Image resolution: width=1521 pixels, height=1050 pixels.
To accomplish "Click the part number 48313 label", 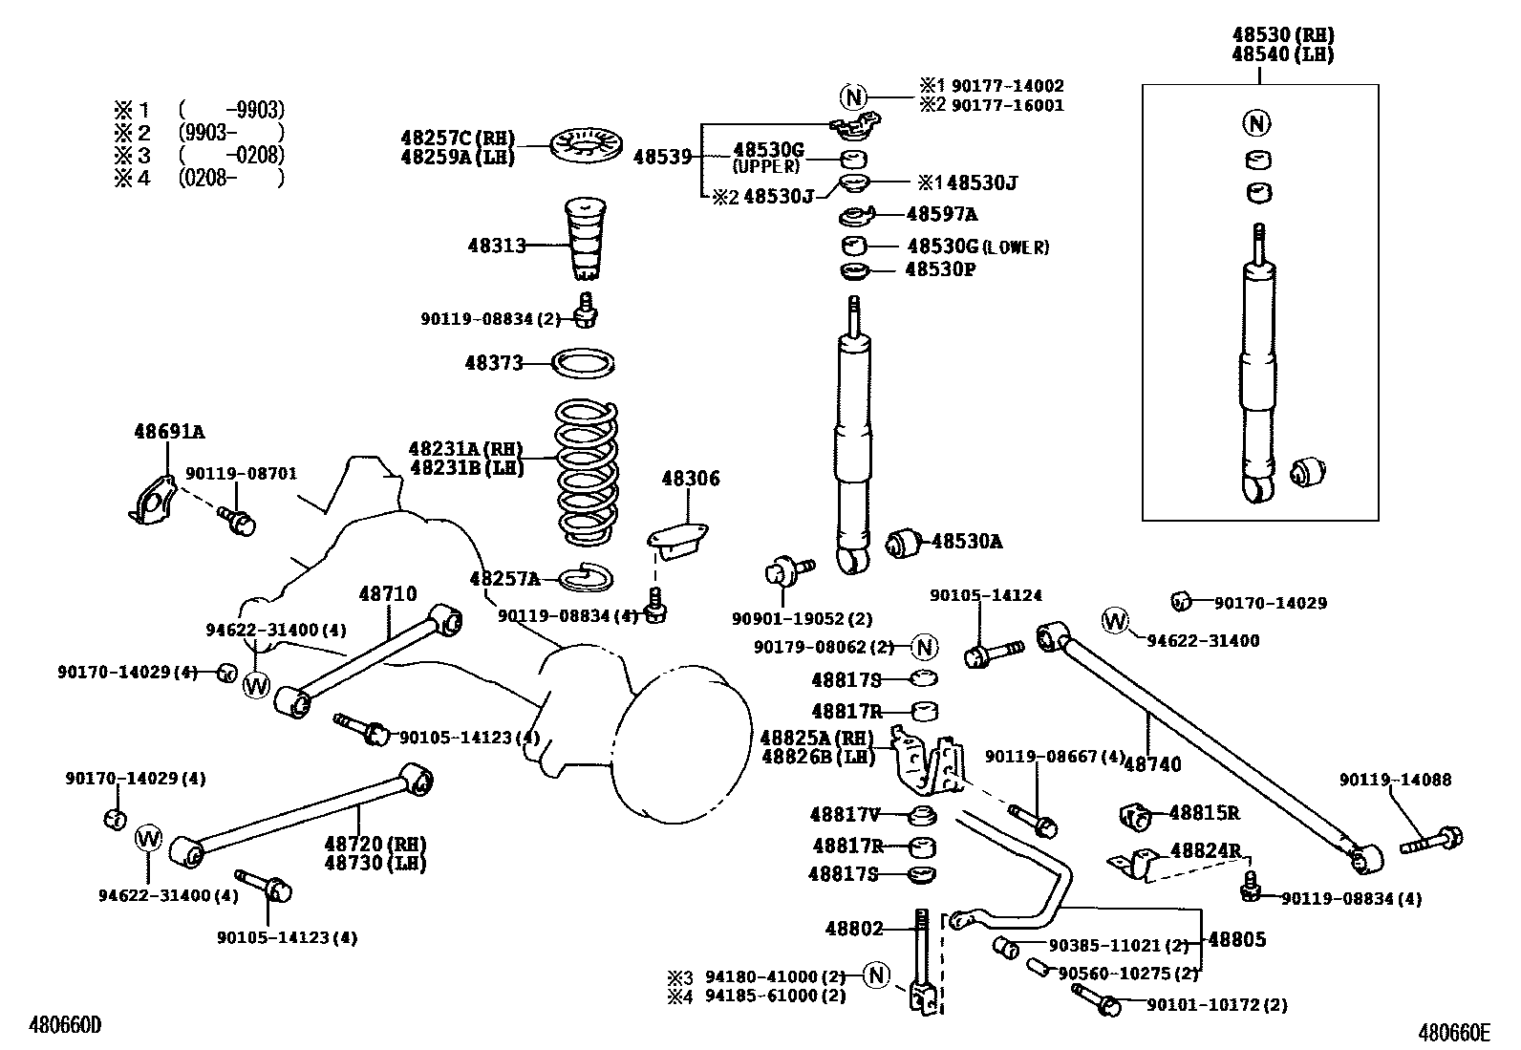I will point(496,246).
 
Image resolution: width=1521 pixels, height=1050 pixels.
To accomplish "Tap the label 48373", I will point(494,363).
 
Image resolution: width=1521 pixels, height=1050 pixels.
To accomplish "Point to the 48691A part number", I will point(169,432).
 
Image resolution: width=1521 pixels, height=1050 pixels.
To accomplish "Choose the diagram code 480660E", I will point(1454,1032).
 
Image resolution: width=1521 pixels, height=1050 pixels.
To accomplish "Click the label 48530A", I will point(967,542).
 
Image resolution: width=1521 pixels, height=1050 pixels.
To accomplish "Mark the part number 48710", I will point(388,594).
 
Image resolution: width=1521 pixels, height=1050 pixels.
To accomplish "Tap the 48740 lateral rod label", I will point(1153,763).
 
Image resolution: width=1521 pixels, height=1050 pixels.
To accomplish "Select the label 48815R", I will point(1204,813).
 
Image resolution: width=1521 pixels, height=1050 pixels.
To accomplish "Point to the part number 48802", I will point(854,928).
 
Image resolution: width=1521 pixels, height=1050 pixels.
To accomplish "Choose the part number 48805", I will point(1237,939).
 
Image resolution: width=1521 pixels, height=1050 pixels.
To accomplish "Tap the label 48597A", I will point(941,214).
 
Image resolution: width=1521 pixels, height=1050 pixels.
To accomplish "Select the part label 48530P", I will point(940,269).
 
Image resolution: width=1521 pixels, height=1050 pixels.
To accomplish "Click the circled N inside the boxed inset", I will point(1258,122).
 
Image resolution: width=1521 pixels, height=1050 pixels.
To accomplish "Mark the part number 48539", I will point(662,157).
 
